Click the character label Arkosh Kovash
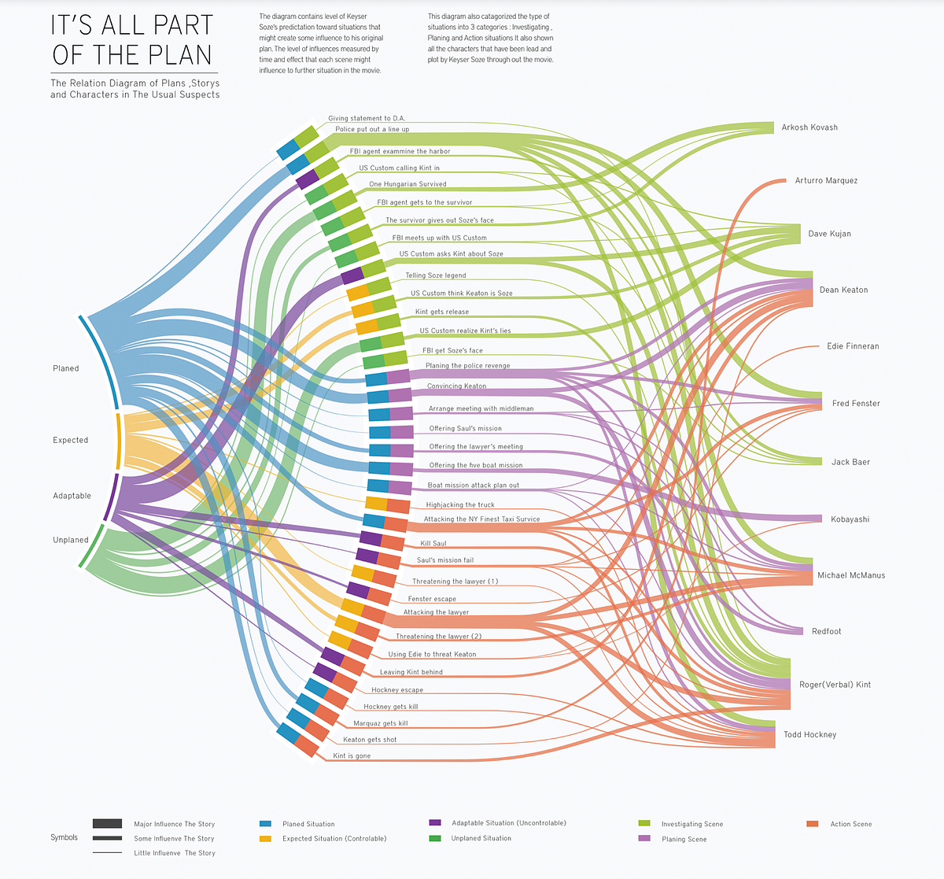809,127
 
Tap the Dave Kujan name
829,234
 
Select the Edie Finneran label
853,346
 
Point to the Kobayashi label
850,519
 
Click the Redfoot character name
826,631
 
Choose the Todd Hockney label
809,735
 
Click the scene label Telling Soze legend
436,275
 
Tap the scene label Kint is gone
352,756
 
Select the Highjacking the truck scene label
460,505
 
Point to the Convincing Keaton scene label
456,386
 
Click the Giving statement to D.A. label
367,119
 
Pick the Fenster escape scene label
432,600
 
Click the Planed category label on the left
66,368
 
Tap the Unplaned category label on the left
71,540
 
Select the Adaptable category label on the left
72,496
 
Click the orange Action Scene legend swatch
813,824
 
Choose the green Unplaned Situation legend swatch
435,838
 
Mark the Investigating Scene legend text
692,824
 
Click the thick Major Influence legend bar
107,824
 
